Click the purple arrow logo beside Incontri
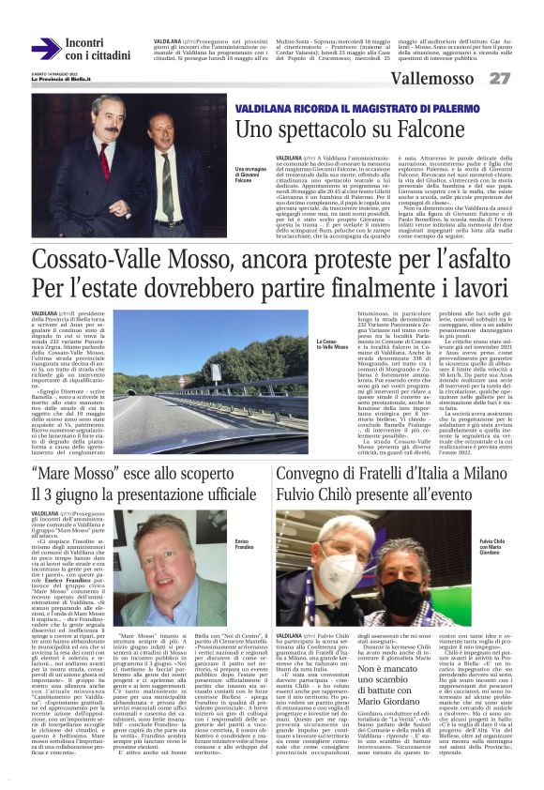click(x=46, y=49)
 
